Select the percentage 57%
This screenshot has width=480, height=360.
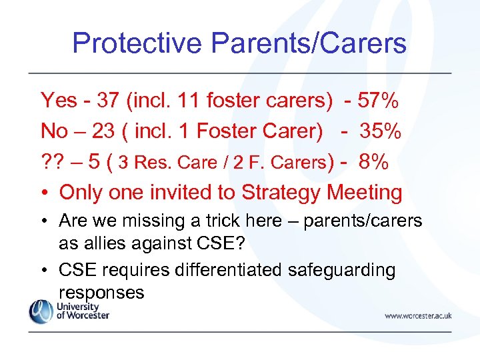[378, 101]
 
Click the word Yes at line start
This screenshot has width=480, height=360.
[59, 101]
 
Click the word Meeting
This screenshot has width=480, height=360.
[365, 193]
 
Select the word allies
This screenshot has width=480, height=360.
[103, 243]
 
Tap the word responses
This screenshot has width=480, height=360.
[101, 293]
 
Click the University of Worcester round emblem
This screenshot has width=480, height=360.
[40, 311]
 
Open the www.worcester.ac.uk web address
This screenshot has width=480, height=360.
[417, 316]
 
